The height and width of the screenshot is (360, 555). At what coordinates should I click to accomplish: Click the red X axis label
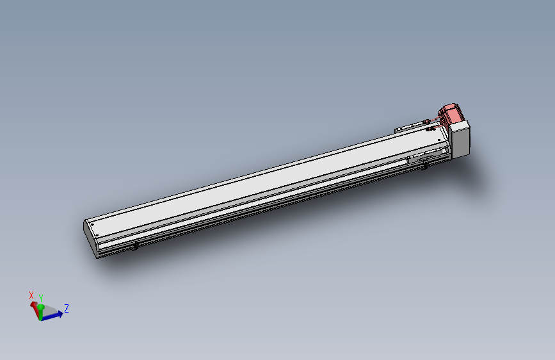(31, 295)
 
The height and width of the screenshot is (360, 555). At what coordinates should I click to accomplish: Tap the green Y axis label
(41, 299)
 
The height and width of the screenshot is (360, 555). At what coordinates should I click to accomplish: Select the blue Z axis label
(66, 308)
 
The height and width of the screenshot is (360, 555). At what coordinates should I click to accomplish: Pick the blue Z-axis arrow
(52, 316)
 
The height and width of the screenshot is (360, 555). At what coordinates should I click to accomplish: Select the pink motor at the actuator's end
(449, 113)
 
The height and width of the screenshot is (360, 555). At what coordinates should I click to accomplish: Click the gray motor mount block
(460, 139)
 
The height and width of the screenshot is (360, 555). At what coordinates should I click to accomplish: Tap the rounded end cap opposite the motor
(91, 238)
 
